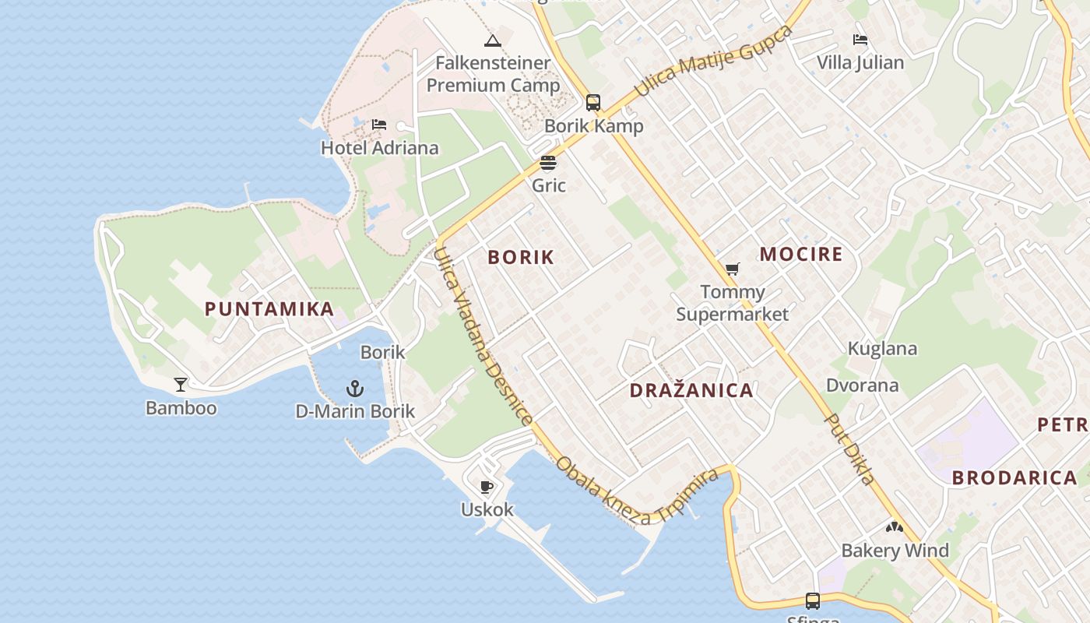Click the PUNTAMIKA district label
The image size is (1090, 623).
(x=269, y=309)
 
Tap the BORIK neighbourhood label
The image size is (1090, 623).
(x=521, y=257)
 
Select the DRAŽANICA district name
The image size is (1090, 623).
(x=691, y=391)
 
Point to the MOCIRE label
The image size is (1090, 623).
(x=801, y=254)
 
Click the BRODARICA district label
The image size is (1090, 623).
(x=1014, y=478)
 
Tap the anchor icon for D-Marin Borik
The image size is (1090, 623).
(x=355, y=388)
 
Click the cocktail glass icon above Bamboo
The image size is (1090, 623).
(x=181, y=384)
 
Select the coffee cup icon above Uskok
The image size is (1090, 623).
(x=487, y=487)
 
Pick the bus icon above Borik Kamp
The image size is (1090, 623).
(x=593, y=103)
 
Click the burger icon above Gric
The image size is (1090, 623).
(x=548, y=163)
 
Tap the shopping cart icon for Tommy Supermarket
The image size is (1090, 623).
(x=732, y=269)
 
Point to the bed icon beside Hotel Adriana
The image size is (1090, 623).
(x=379, y=125)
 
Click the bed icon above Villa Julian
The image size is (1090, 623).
(x=860, y=40)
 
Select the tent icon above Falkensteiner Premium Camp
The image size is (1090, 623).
(x=492, y=40)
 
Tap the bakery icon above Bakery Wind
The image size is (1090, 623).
(x=895, y=527)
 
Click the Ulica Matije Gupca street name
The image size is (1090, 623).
(x=713, y=61)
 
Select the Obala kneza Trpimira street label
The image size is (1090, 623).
(x=636, y=489)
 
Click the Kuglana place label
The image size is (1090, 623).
(x=882, y=348)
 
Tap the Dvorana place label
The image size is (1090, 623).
(x=862, y=385)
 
